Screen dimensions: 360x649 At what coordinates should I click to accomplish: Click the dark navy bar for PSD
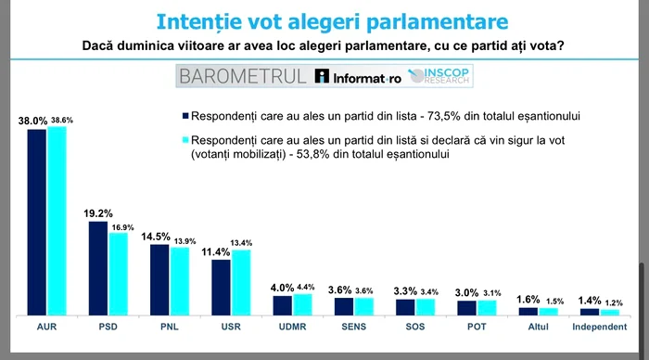click(97, 268)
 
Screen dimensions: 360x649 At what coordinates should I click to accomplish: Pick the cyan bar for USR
click(241, 283)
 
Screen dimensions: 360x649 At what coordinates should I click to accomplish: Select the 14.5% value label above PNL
click(159, 237)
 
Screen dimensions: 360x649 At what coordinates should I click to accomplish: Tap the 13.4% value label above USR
click(242, 243)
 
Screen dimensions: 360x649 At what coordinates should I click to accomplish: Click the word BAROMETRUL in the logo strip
click(242, 76)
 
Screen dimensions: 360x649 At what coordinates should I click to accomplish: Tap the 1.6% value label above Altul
click(528, 299)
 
